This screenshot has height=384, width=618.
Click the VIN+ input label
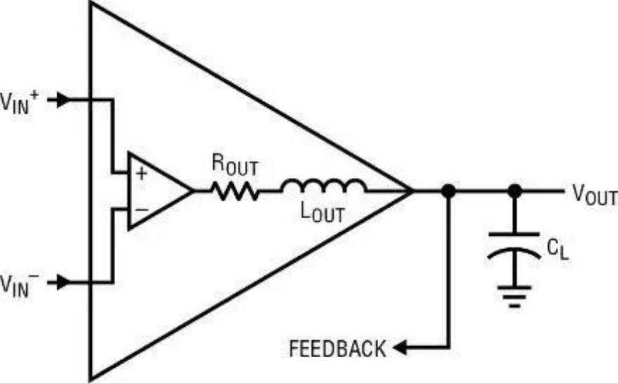(x=20, y=102)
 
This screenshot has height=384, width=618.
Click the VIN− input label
(x=20, y=284)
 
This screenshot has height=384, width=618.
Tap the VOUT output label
(x=595, y=195)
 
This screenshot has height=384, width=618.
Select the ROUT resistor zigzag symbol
(x=235, y=191)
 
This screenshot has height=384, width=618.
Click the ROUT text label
(x=235, y=164)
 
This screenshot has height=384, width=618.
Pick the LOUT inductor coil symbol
(x=324, y=186)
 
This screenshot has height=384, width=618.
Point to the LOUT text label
(x=322, y=213)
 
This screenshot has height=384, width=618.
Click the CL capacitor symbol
(x=514, y=246)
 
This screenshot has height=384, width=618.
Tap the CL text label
(x=558, y=249)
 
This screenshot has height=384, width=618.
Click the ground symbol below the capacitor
(x=514, y=296)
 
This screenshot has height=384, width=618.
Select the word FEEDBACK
(x=338, y=349)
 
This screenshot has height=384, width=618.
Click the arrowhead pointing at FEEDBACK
(x=400, y=348)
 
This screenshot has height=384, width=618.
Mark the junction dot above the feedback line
(x=448, y=191)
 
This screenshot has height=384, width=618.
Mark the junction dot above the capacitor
(x=514, y=191)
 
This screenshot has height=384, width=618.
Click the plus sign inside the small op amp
(x=141, y=173)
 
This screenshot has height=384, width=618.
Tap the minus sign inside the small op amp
(x=141, y=210)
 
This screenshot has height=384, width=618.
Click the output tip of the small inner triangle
(x=193, y=191)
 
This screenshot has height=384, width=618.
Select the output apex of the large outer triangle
(x=412, y=191)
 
